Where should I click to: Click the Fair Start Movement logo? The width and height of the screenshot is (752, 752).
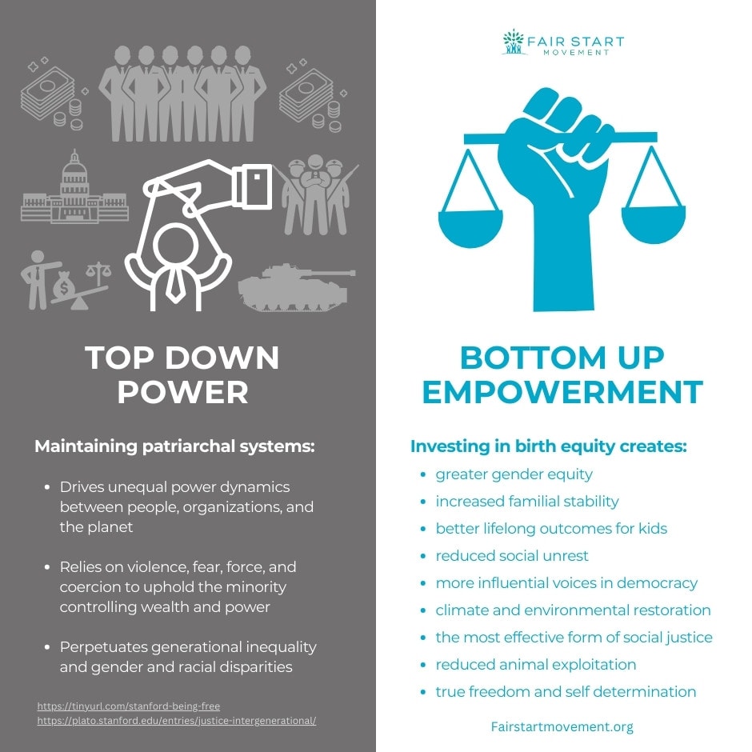[562, 42]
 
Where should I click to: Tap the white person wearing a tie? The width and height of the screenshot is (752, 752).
[178, 263]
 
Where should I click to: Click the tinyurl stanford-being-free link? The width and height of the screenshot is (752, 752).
[128, 706]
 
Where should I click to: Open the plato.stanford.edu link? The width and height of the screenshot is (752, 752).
[176, 721]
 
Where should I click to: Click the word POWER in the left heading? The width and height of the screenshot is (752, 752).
[183, 392]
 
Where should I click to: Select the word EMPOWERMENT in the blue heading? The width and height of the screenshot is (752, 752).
[562, 392]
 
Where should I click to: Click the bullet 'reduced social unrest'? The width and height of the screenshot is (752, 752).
[512, 556]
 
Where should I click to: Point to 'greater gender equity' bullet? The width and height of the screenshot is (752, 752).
[514, 474]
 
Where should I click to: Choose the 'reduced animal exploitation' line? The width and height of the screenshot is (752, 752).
[536, 665]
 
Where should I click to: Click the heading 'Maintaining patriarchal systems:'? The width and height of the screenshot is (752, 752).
[174, 446]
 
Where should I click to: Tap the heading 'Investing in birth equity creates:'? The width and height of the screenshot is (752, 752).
[548, 446]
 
